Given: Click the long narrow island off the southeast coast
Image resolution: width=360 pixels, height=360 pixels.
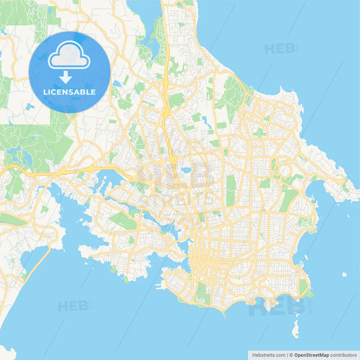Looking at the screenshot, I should [x=295, y=330].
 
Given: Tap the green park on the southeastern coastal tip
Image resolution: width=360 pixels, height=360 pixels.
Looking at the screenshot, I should [x=303, y=287].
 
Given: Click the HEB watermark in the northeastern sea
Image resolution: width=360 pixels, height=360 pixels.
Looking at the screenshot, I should [x=281, y=49].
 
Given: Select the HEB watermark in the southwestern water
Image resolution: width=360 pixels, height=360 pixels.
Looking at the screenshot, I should [x=74, y=305].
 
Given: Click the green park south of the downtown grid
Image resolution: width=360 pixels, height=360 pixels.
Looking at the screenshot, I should [x=201, y=292].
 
